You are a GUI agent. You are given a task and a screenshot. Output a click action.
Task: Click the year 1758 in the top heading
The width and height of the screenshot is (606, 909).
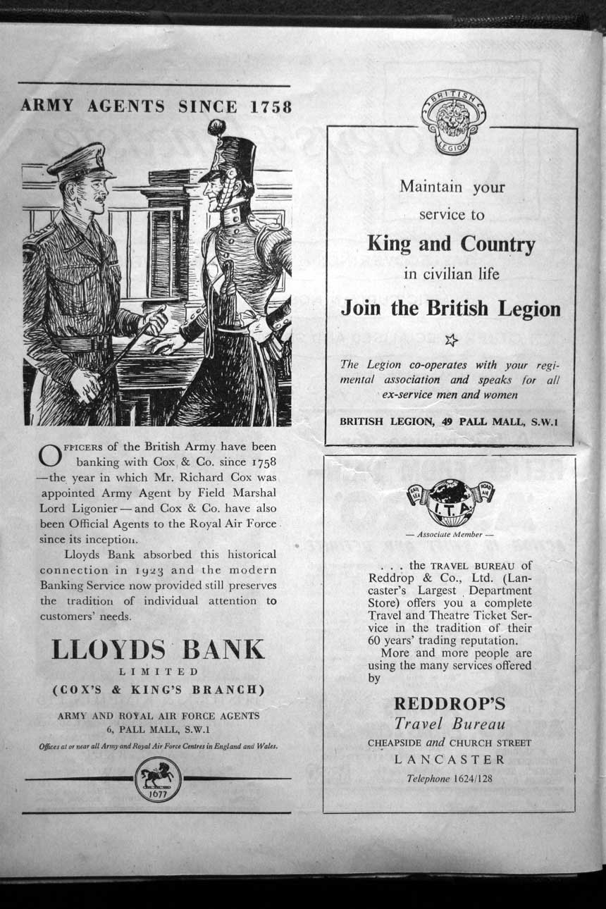click(271, 107)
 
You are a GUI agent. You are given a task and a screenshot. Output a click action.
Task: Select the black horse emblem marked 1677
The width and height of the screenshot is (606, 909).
click(158, 778)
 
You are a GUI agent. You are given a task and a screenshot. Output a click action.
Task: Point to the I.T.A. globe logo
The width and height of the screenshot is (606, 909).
click(451, 502)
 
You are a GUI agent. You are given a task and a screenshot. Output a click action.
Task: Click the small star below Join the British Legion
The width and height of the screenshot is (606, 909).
click(451, 340)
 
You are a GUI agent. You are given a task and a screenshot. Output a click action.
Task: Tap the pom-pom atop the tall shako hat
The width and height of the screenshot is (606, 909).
click(216, 128)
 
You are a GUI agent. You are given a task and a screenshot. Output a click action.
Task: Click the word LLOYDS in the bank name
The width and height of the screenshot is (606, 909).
click(107, 649)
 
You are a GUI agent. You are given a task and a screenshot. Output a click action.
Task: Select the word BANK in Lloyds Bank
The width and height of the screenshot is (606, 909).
click(224, 649)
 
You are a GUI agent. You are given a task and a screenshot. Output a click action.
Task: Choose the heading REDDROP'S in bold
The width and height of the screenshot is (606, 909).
click(450, 703)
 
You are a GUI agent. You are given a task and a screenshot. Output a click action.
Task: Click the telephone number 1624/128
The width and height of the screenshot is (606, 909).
click(473, 779)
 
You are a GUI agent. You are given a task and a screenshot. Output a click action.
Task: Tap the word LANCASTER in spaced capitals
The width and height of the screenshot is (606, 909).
click(450, 760)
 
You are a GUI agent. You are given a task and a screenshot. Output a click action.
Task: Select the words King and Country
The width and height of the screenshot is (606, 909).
click(451, 245)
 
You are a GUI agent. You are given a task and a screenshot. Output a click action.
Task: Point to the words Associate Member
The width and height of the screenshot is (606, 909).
click(450, 534)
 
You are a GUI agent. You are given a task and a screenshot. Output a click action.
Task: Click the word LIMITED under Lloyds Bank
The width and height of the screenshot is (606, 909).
click(158, 672)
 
